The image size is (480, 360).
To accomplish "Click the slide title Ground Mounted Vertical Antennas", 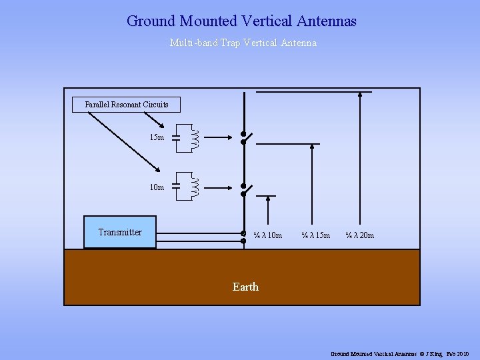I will pos(241,21).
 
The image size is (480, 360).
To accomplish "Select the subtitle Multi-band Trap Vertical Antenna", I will pos(243,43).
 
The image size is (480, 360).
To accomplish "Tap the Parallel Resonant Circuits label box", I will pos(126,105).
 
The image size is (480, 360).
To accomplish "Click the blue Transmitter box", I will pos(120,232).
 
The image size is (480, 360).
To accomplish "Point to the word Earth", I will pos(245,287).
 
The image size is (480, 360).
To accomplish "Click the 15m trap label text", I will pos(157,137).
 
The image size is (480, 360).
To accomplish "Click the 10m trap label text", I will pos(157,187).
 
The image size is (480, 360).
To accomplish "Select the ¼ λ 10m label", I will pos(267,235).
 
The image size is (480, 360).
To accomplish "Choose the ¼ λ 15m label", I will pos(315,235).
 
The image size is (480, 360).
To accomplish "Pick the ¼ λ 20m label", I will pos(359,235).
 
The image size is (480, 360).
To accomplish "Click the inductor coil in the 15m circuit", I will pos(196,137).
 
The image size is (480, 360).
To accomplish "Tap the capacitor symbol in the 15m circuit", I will pos(176,138).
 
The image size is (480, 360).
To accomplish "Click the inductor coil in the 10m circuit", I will pos(196,187).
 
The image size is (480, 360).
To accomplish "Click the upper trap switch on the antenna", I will pos(245,137).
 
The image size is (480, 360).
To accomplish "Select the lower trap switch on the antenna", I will pos(245,189).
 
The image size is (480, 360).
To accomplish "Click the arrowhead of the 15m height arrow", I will pos(313,145).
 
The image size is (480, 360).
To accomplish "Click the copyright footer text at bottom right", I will pos(400,353).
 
